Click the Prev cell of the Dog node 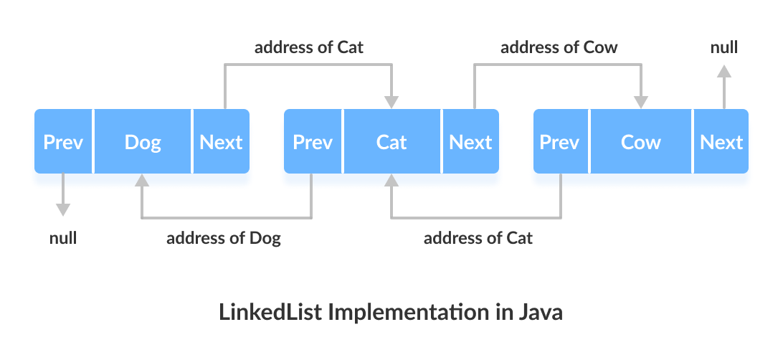pyautogui.click(x=63, y=141)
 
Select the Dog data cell pyautogui.click(x=143, y=141)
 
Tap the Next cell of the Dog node pyautogui.click(x=221, y=141)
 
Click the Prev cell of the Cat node pyautogui.click(x=313, y=141)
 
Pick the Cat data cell pyautogui.click(x=391, y=141)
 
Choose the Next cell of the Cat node pyautogui.click(x=470, y=141)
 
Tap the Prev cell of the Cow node pyautogui.click(x=559, y=141)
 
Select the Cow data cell pyautogui.click(x=640, y=141)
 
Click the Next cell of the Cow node pyautogui.click(x=721, y=141)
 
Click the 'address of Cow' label pyautogui.click(x=559, y=48)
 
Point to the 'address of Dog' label pyautogui.click(x=224, y=238)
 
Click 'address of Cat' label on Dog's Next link pyautogui.click(x=309, y=48)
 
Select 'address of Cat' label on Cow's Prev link pyautogui.click(x=478, y=238)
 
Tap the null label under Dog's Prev pyautogui.click(x=63, y=238)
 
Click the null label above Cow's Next pyautogui.click(x=724, y=48)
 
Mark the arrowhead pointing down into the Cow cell pyautogui.click(x=640, y=101)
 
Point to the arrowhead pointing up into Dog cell pyautogui.click(x=142, y=181)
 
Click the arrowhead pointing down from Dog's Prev pyautogui.click(x=63, y=209)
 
